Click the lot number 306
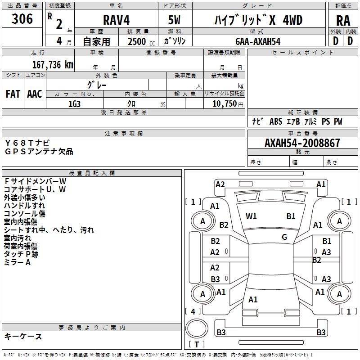click(x=22, y=19)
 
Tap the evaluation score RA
click(x=343, y=21)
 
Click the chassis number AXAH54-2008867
click(x=302, y=143)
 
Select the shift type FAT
click(x=13, y=94)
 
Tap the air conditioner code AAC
click(x=34, y=94)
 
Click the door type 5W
click(x=174, y=20)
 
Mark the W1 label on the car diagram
click(x=251, y=216)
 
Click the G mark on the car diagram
click(x=284, y=237)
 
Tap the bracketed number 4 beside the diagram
click(x=193, y=311)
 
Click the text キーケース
click(x=23, y=336)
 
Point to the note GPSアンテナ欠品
click(x=39, y=152)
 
